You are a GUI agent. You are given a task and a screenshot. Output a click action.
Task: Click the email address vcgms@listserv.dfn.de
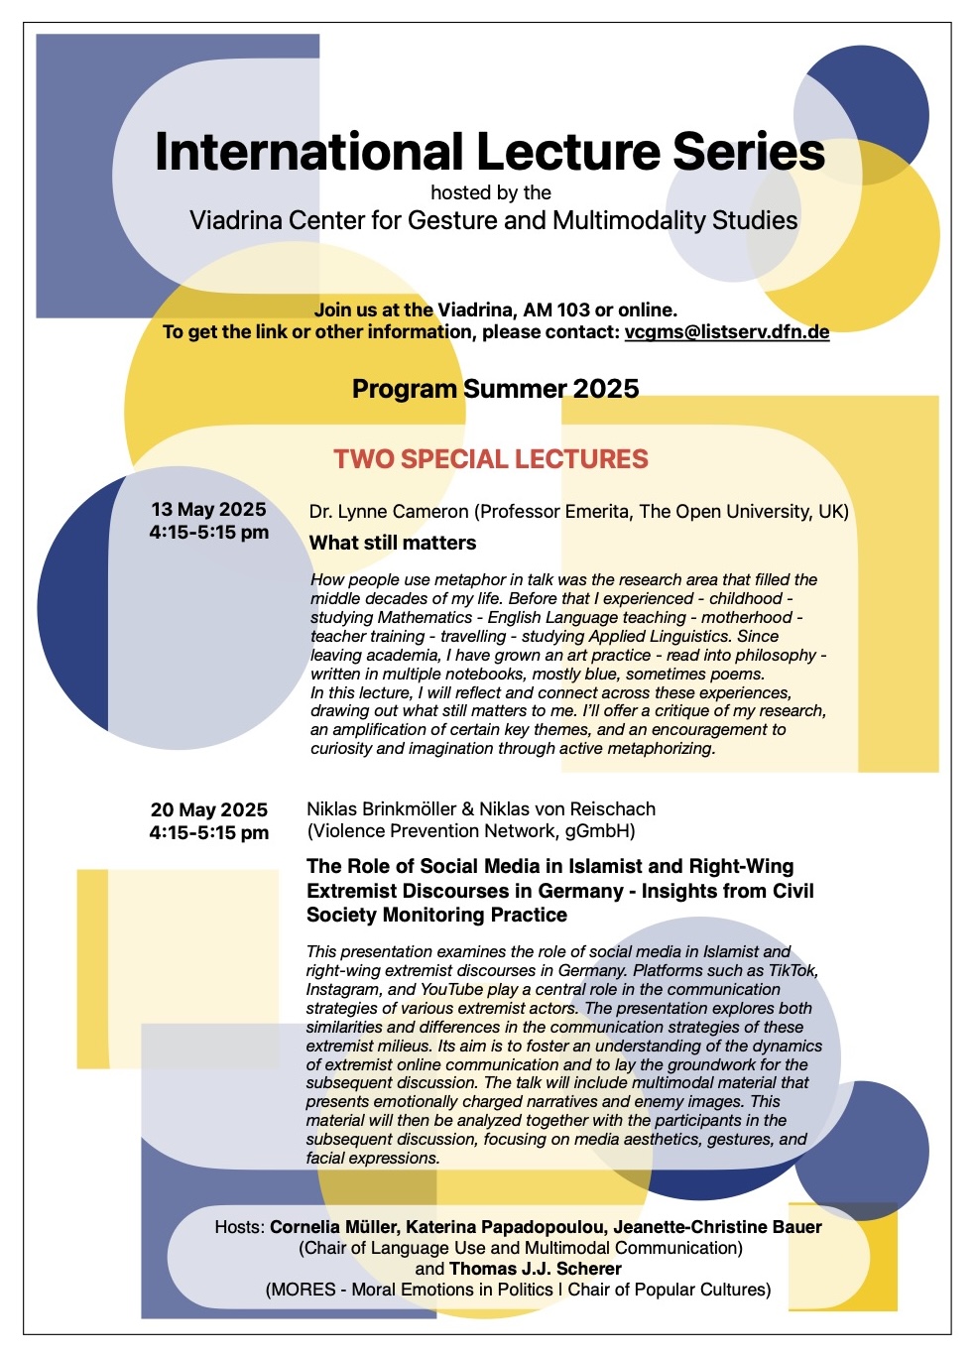[x=726, y=331]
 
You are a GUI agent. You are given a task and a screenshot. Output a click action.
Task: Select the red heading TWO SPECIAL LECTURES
[x=491, y=459]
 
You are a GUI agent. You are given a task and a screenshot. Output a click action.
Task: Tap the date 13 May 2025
[x=208, y=510]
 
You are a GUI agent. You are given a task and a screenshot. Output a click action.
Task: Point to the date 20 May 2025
[x=208, y=810]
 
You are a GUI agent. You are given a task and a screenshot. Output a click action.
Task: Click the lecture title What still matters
[x=393, y=543]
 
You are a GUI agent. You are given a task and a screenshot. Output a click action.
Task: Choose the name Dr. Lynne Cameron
[x=389, y=512]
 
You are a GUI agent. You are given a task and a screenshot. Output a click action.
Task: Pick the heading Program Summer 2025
[x=495, y=389]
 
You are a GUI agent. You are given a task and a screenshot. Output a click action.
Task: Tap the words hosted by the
[x=491, y=192]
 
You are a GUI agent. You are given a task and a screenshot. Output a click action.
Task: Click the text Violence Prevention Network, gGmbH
[x=471, y=831]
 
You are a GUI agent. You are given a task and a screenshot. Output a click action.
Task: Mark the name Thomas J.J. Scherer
[x=536, y=1269]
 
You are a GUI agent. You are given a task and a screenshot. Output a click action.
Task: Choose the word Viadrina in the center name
[x=236, y=220]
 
